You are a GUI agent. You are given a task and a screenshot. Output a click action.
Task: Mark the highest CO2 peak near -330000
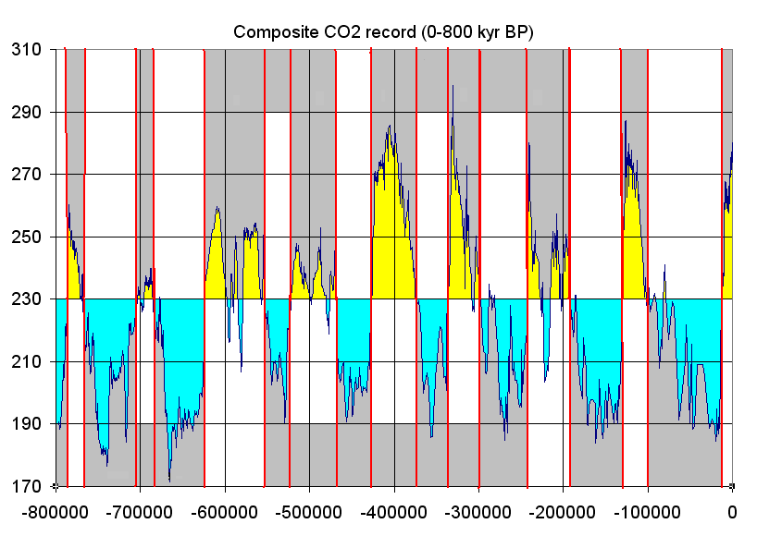[453, 86]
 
